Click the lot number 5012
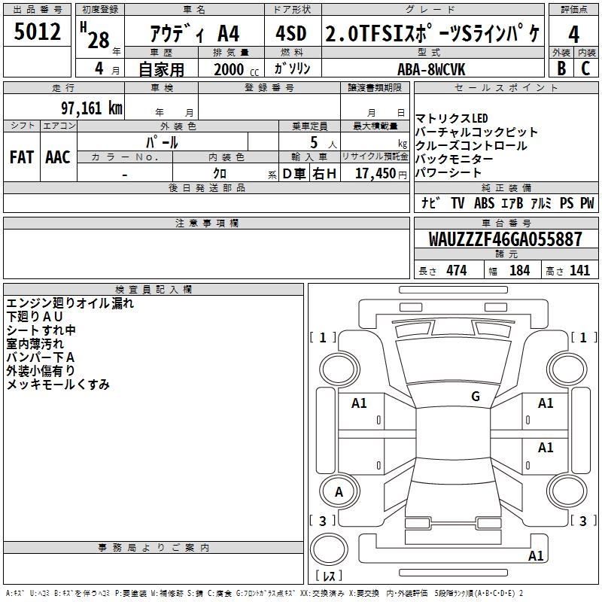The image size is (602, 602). tap(37, 32)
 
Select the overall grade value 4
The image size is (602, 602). tap(573, 35)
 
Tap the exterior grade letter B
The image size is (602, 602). tap(561, 68)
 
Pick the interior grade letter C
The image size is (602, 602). tap(585, 68)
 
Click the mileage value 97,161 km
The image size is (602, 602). tap(92, 108)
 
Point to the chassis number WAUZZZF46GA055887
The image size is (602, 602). tap(505, 239)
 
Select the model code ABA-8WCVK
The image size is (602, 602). tap(431, 69)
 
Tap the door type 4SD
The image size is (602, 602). tap(291, 33)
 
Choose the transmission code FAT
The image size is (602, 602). tap(22, 157)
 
